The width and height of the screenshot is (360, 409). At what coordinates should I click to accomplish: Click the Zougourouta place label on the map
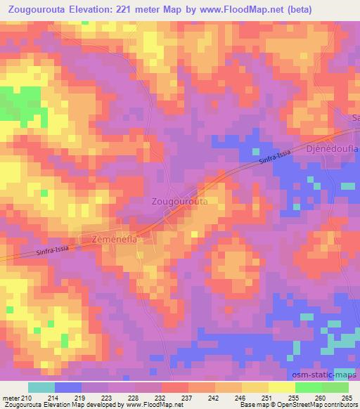click(180, 200)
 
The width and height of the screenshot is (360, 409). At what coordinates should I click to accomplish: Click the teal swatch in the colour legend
click(41, 387)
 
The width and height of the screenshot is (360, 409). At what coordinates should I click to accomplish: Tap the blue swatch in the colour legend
click(68, 387)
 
